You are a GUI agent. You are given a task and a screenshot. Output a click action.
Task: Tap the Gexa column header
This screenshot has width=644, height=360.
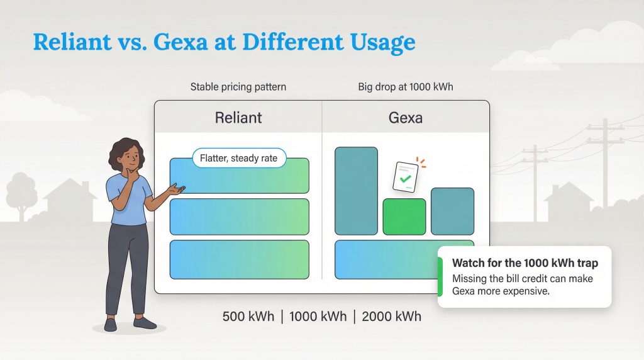tap(406, 117)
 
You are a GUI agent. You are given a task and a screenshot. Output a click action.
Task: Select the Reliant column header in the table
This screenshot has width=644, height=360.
tap(238, 117)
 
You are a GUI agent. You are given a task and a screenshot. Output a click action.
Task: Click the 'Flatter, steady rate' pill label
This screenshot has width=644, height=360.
tap(238, 159)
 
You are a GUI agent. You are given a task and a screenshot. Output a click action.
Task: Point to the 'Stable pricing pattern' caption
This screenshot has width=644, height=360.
tap(238, 87)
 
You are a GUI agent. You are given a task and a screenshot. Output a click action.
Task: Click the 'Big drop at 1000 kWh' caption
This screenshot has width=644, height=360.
tap(406, 87)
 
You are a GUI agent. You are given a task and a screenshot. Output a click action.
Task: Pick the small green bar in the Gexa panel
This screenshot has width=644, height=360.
tap(404, 217)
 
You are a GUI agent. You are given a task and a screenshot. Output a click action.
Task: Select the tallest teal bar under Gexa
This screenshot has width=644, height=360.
tap(356, 191)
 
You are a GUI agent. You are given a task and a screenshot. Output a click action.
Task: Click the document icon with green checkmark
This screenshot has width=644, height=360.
tap(406, 177)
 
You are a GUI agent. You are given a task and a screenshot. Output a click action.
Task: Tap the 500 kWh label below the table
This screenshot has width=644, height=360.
tap(248, 316)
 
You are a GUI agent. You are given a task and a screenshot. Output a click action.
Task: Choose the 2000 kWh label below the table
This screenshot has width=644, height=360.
tap(391, 316)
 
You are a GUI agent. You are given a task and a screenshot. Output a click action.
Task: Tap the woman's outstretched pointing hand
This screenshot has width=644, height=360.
tap(178, 188)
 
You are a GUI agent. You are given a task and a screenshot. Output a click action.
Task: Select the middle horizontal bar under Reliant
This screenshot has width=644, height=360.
tap(239, 217)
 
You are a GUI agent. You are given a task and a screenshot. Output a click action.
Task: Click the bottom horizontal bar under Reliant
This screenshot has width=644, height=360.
tap(239, 259)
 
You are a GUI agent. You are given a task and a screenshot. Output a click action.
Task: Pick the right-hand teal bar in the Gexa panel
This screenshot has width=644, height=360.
tap(452, 211)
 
